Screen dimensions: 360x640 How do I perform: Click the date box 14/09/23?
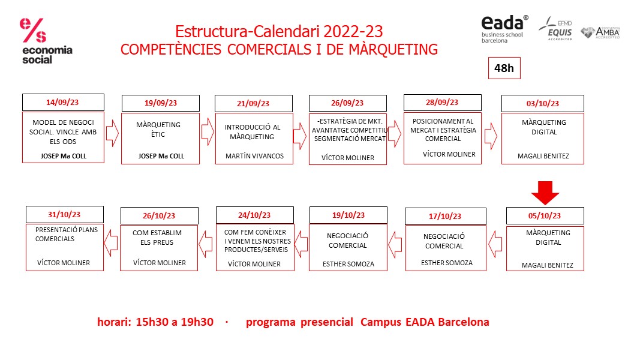coord(63,102)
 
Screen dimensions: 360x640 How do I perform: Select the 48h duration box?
coord(504,68)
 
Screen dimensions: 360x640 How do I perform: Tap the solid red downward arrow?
coord(545,194)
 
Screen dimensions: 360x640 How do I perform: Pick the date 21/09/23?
coord(254,103)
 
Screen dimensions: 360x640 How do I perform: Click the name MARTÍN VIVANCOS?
coord(254,156)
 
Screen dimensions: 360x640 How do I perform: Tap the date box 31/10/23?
coord(64,214)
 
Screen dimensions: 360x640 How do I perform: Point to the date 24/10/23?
coord(255,215)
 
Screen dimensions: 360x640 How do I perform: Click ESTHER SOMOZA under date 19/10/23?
coord(348,263)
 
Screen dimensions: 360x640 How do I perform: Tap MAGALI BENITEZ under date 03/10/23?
coord(542,157)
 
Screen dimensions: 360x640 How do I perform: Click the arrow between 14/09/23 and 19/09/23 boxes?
coord(112,134)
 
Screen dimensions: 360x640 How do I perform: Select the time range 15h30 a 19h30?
coord(175,322)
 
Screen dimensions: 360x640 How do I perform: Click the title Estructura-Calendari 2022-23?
coord(279,31)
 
